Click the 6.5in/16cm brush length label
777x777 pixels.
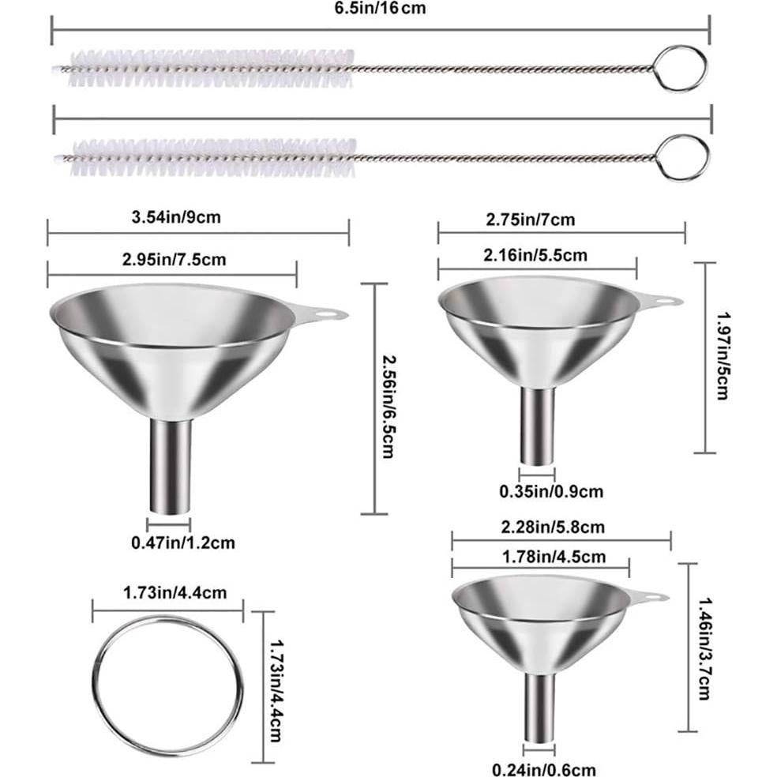click(383, 9)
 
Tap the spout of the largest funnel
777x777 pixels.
click(170, 466)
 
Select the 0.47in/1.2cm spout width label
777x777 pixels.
click(182, 542)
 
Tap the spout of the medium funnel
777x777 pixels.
click(537, 426)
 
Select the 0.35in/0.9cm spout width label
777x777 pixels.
click(551, 491)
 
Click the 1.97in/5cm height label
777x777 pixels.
click(721, 355)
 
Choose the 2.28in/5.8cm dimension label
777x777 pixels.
click(553, 526)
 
